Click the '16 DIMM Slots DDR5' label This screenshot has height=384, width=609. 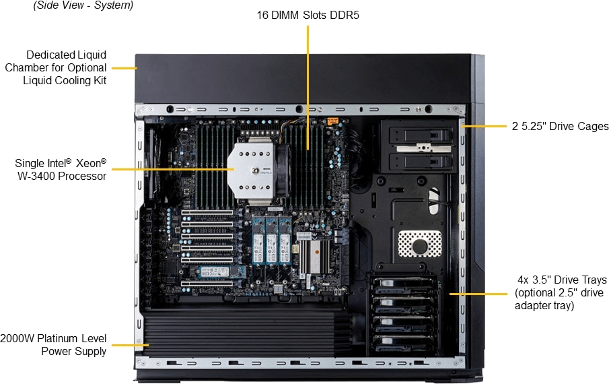coord(307,15)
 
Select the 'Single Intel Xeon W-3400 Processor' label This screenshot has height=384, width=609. coord(61,169)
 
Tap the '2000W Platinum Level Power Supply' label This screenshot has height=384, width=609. coord(54,344)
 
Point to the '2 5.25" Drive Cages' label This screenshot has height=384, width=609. coord(558,126)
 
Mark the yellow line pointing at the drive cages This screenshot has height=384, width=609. coord(484,126)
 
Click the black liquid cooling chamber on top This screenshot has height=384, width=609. coord(303,77)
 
